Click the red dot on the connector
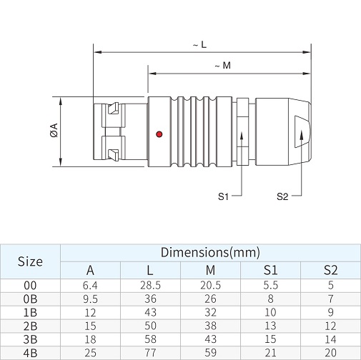[x=159, y=134]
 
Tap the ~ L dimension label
[x=199, y=44]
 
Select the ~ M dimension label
[x=223, y=65]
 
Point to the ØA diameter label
[x=54, y=130]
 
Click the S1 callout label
[x=223, y=196]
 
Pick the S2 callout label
[x=282, y=196]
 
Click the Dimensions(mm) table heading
[x=210, y=252]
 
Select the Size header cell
[x=30, y=261]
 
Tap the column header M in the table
[x=210, y=270]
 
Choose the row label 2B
[x=30, y=326]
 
